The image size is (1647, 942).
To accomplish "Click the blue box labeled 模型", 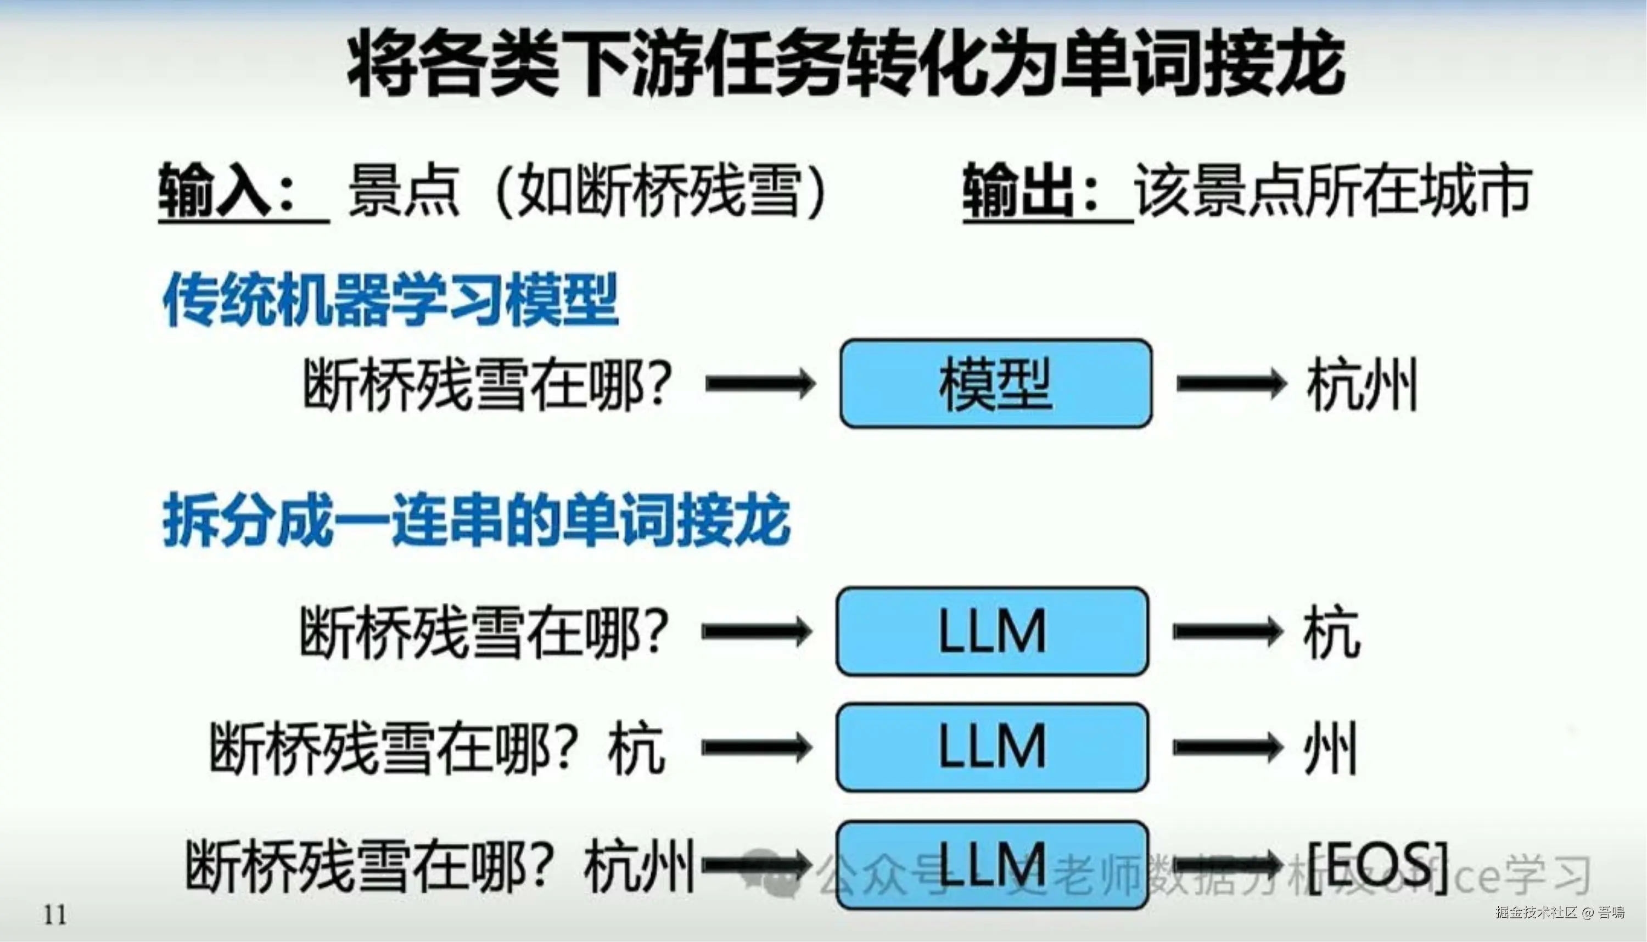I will [995, 384].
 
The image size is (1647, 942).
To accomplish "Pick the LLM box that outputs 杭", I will [993, 631].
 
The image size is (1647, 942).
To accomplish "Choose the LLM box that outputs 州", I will [993, 747].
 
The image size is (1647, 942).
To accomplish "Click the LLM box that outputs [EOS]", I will [993, 865].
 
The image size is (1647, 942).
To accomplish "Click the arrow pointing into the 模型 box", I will [760, 384].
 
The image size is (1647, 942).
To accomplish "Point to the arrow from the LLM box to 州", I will [1227, 747].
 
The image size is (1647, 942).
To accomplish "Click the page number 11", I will [55, 915].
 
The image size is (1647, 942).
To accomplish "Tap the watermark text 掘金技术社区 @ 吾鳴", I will [1560, 913].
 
